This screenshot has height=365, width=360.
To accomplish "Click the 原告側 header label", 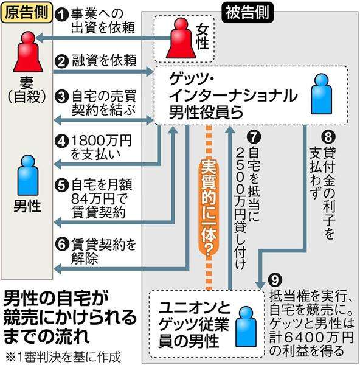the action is pyautogui.click(x=27, y=12).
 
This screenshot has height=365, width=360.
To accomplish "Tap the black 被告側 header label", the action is pyautogui.click(x=247, y=12).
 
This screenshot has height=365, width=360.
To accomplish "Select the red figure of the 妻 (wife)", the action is pyautogui.click(x=28, y=52).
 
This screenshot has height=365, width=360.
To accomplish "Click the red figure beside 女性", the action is pyautogui.click(x=181, y=38).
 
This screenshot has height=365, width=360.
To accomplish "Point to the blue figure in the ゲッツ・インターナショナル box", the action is pyautogui.click(x=321, y=94).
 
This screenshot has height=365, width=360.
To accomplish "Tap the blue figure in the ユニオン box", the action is pyautogui.click(x=246, y=326).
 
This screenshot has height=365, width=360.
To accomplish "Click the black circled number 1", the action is pyautogui.click(x=61, y=15).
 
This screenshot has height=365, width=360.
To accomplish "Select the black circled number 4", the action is pyautogui.click(x=61, y=141).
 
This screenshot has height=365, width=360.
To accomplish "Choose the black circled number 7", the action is pyautogui.click(x=254, y=136).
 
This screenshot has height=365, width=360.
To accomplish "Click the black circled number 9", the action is pyautogui.click(x=275, y=280).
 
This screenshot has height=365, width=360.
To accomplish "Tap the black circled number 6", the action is pyautogui.click(x=61, y=245).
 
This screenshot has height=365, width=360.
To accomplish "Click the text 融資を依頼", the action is pyautogui.click(x=104, y=61).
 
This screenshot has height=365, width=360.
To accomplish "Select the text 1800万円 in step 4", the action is pyautogui.click(x=101, y=141).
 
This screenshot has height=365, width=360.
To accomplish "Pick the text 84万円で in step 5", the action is pyautogui.click(x=100, y=199).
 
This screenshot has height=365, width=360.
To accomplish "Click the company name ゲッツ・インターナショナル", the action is pyautogui.click(x=233, y=87).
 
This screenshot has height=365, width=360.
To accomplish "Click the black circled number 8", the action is pyautogui.click(x=328, y=136).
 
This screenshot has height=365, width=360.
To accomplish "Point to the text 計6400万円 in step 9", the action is pyautogui.click(x=312, y=337).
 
